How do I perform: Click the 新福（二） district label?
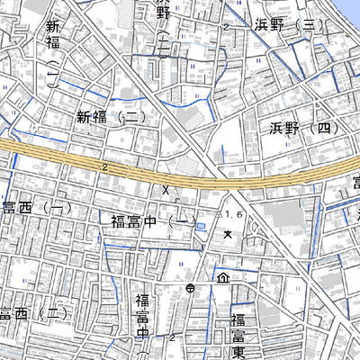point(111,116)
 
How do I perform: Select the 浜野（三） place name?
point(288,25)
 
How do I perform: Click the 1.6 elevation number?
point(235,213)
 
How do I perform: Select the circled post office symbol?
point(191,289)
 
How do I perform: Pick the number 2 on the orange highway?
point(105,167)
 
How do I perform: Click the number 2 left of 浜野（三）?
point(227,28)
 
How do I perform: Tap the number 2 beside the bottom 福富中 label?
point(171,337)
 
